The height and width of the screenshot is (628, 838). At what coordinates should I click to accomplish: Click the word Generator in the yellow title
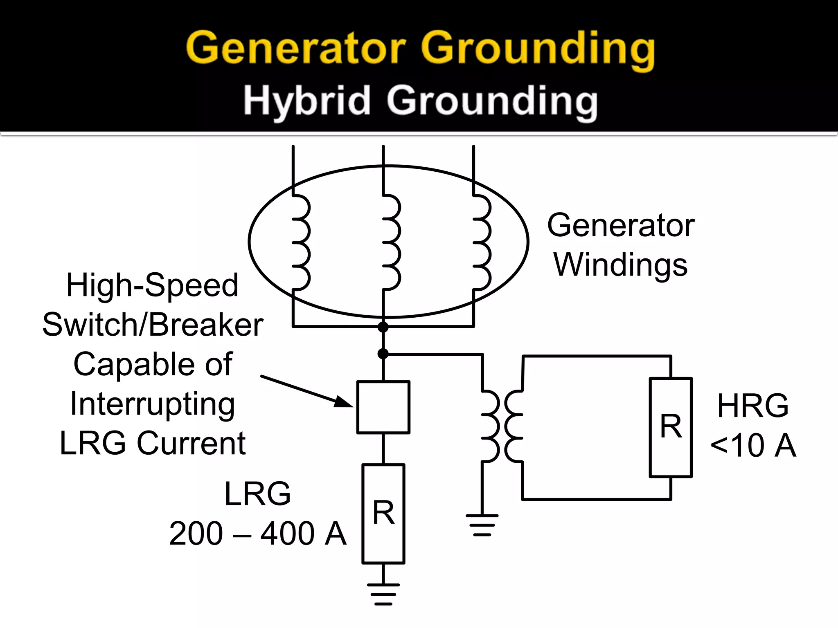[295, 49]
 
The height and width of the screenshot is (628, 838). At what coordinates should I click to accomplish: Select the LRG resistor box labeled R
[383, 514]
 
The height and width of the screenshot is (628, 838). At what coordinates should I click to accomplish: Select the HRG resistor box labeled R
[671, 427]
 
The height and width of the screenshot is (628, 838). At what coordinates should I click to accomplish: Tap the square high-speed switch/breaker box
[383, 407]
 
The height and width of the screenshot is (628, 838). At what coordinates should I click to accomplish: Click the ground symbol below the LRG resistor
[383, 594]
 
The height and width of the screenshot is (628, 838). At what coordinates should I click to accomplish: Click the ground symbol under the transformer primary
[482, 525]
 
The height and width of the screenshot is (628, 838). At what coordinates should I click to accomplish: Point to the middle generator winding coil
[391, 243]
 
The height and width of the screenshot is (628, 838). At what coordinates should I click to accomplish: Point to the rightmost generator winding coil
[482, 243]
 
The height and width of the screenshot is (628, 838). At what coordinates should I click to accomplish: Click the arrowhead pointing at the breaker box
[344, 402]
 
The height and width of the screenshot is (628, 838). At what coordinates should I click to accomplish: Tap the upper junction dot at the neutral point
[383, 327]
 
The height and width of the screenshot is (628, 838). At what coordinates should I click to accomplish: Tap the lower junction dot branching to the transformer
[383, 354]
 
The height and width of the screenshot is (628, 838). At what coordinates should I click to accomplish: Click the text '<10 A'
[753, 445]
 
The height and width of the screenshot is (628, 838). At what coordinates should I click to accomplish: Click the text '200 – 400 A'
[258, 534]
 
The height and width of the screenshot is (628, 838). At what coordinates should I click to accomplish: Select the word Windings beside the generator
[620, 265]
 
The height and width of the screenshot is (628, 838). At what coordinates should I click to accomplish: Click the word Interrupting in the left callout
[153, 404]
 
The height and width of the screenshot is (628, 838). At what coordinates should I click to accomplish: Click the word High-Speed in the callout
[152, 285]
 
